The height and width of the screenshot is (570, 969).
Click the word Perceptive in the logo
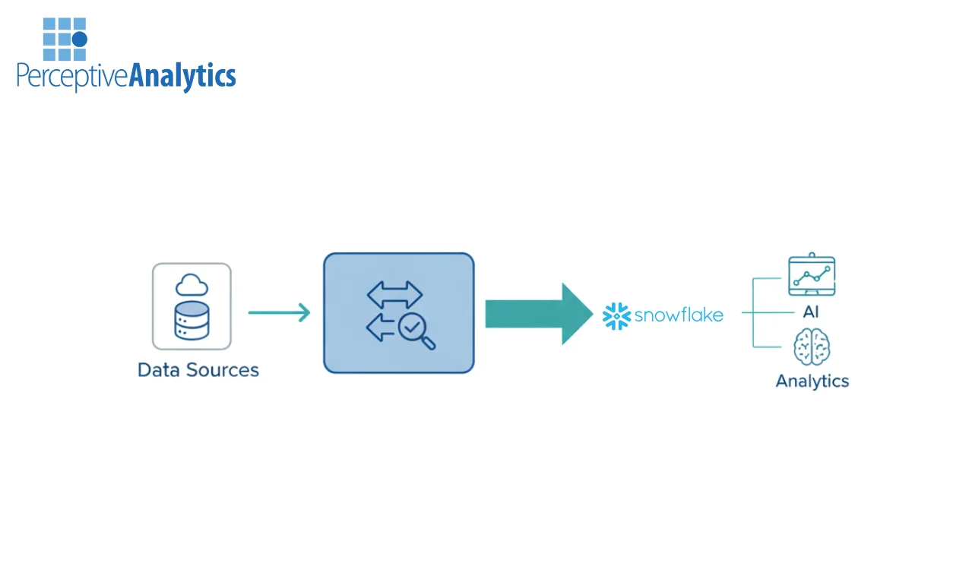point(72,77)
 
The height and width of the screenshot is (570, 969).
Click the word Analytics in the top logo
point(182,76)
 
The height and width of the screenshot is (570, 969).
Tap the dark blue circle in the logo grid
point(79,39)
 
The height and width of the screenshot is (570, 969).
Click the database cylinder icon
point(192,320)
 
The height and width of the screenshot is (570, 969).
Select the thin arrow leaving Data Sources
point(279,312)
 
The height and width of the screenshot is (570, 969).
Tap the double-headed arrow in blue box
point(394,294)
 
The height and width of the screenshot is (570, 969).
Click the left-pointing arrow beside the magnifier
point(381,329)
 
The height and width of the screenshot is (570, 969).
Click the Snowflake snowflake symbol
point(616,315)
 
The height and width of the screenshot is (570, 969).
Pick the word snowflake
point(679,315)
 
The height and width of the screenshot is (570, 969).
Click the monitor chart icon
point(811,275)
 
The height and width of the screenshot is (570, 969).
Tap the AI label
point(811,312)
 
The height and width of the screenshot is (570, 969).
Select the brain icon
point(812,347)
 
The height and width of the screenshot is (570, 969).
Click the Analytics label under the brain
point(812,381)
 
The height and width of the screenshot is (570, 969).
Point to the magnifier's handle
point(429,343)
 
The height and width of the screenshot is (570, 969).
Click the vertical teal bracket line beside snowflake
point(753,312)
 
